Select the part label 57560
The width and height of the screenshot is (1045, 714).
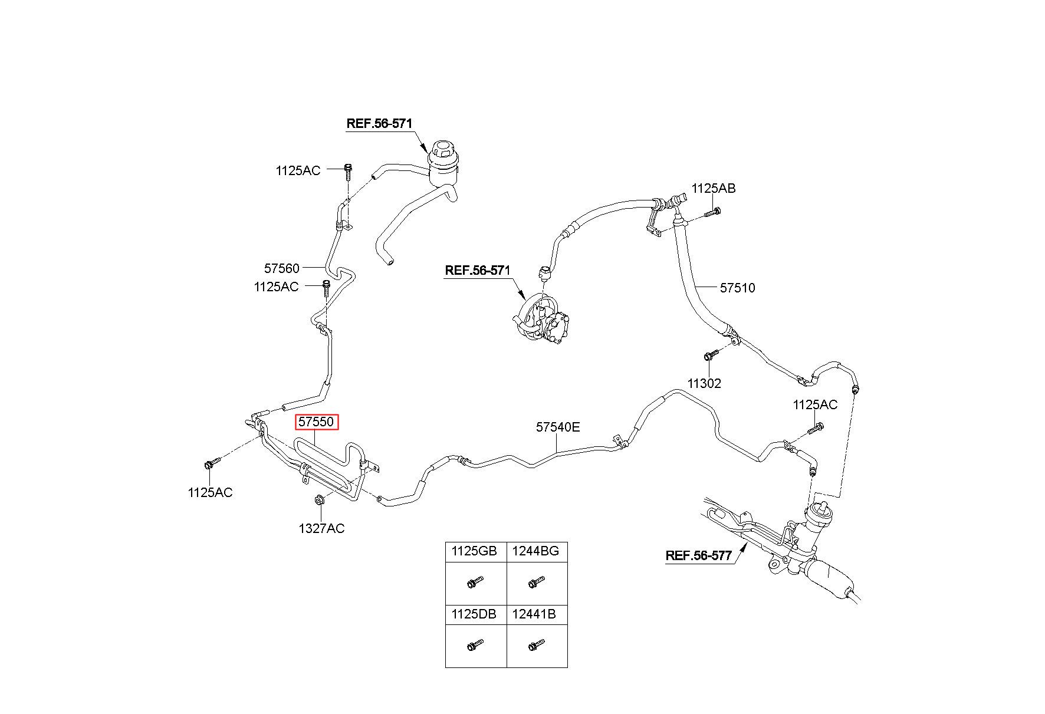281,268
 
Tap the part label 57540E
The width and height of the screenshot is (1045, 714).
557,427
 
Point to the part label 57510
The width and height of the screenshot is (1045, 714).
737,288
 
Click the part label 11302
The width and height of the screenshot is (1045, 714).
704,383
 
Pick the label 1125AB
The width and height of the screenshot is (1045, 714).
714,189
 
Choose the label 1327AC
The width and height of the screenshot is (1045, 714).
321,528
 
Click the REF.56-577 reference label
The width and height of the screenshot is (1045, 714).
698,555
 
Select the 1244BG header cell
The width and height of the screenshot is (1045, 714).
537,552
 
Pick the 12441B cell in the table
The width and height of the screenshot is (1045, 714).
537,614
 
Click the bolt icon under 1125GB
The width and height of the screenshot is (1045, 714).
475,583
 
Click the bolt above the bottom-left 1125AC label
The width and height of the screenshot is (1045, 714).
212,463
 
